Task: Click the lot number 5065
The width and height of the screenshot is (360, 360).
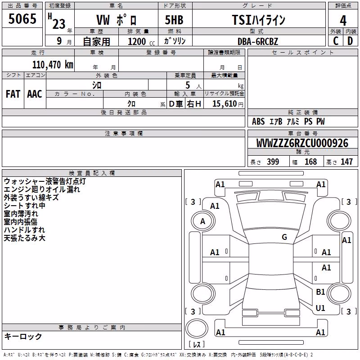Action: coord(22,18)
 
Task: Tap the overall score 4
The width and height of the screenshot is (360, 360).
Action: coord(343,21)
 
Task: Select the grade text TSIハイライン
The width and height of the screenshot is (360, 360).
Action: coord(258,20)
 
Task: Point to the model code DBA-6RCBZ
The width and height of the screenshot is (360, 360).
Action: coord(258,41)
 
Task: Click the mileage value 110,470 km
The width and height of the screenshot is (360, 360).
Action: coord(53,65)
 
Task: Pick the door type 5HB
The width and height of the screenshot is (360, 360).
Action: coord(174,20)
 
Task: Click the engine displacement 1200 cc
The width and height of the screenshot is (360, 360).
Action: coord(141,41)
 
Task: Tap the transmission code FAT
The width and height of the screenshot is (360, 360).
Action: coord(13,94)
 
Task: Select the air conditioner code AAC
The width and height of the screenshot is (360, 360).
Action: coord(35,94)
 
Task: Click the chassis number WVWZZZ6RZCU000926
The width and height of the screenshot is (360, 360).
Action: coord(302,143)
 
